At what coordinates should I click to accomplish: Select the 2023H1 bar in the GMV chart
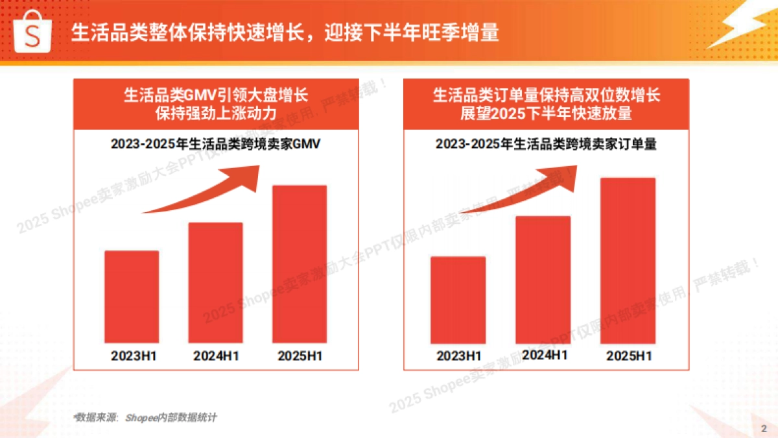click(x=132, y=297)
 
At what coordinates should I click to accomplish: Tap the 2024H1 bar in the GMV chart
click(x=215, y=283)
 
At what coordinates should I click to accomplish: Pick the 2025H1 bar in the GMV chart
click(x=299, y=264)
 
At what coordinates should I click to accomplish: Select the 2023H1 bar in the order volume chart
click(x=458, y=300)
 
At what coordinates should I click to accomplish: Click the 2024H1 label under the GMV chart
click(x=217, y=356)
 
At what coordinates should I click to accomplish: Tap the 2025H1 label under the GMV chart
click(x=300, y=356)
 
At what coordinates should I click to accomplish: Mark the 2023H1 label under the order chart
click(x=459, y=356)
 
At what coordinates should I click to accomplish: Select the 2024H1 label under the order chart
click(x=544, y=355)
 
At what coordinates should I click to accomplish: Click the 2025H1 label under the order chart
click(x=629, y=356)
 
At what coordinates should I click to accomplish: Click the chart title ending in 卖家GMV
click(x=215, y=144)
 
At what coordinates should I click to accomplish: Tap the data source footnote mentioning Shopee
click(x=145, y=417)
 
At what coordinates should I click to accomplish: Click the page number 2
click(x=763, y=428)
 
